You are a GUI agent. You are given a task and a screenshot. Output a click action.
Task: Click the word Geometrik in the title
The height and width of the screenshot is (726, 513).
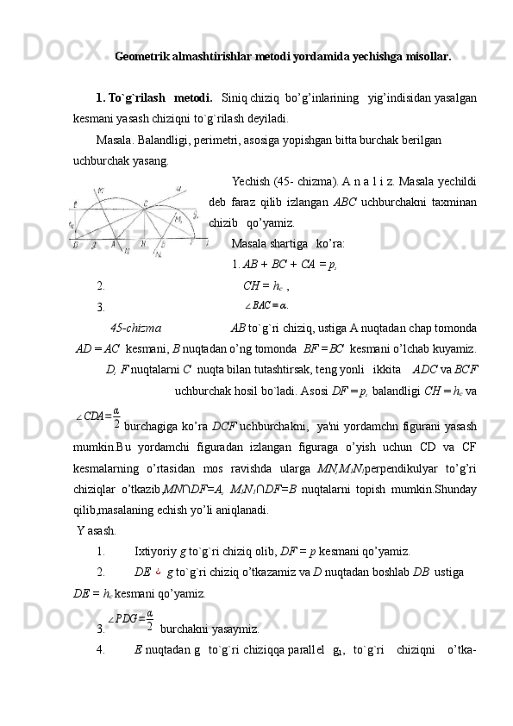tap(141, 58)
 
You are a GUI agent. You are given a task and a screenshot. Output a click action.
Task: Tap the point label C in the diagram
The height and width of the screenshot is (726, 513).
tap(145, 203)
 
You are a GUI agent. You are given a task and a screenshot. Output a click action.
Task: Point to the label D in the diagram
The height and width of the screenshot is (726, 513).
tap(76, 245)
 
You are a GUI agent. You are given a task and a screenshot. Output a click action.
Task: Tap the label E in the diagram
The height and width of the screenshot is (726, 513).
tap(75, 204)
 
